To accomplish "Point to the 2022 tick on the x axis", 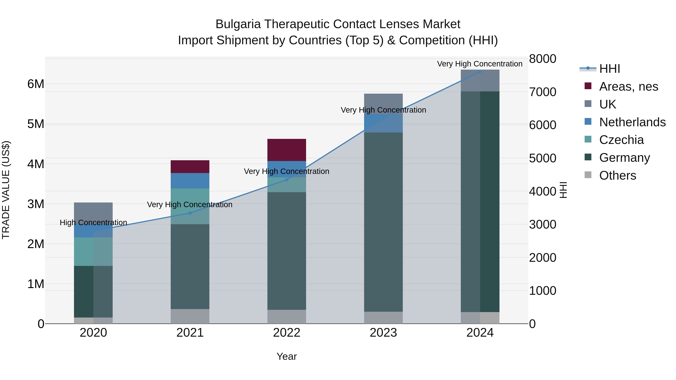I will tap(287, 333).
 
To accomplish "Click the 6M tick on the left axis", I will tap(36, 84).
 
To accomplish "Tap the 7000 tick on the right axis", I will tap(542, 92).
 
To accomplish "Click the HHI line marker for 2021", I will tap(190, 213).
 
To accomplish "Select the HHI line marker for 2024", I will tap(480, 72).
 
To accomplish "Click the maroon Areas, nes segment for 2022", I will tap(287, 150).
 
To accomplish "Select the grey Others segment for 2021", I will tap(190, 316).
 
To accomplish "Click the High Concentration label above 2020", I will tap(94, 223).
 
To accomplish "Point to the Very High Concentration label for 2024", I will tap(480, 64).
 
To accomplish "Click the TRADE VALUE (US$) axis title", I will tap(6, 190).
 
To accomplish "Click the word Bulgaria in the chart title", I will tap(238, 24).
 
